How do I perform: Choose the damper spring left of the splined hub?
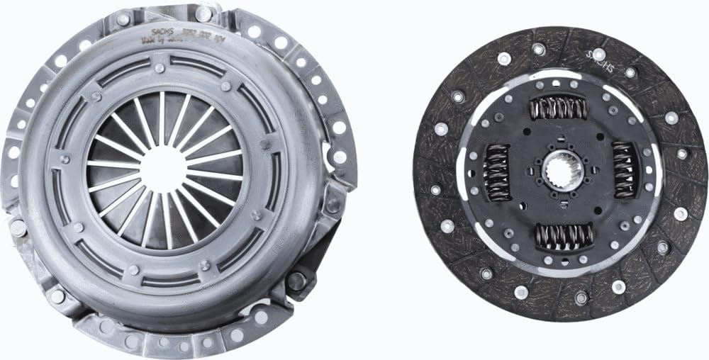[496, 172]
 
